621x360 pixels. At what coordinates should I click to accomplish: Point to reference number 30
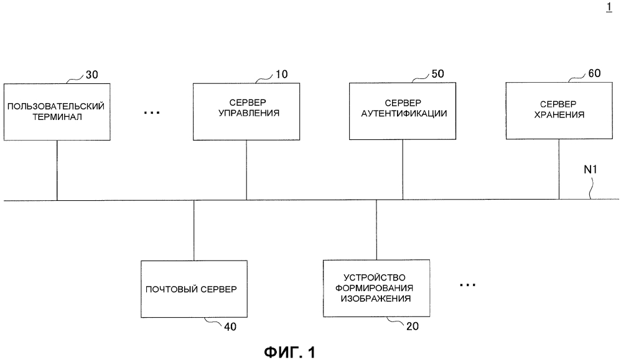coord(92,75)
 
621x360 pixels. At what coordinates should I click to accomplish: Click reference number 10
coord(282,75)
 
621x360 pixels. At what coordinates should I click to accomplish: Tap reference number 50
coord(437,74)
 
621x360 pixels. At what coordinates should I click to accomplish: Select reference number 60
coord(594,73)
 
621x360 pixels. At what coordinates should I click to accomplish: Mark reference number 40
coord(230,327)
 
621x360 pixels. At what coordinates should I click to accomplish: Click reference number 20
coord(413,326)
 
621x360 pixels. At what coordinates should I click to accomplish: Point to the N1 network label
coord(590,169)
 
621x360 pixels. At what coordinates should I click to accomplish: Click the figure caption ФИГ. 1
coord(290,352)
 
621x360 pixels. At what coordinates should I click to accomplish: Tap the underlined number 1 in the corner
coord(609,7)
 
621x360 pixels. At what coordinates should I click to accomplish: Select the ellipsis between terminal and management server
coord(152,113)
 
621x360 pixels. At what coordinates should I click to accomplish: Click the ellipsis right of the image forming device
coord(468,285)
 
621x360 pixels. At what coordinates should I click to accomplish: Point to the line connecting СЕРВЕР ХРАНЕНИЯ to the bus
coord(559,169)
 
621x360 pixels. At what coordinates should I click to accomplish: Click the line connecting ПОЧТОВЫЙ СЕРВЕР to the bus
coord(194,230)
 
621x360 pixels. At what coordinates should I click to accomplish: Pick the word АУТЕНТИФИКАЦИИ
coord(404,114)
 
